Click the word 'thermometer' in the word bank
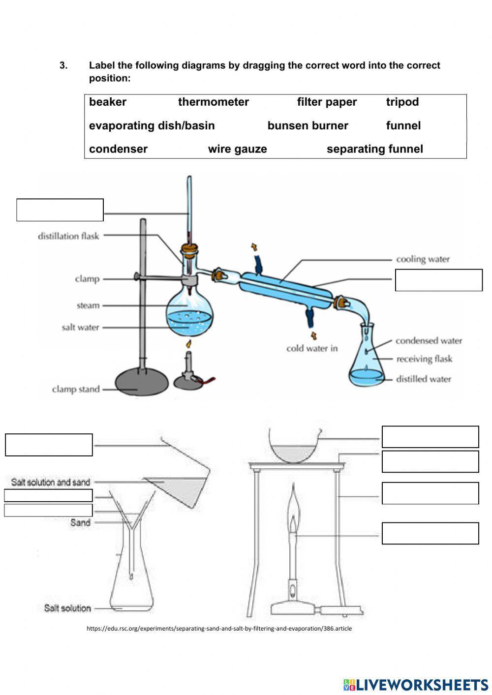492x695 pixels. coord(213,102)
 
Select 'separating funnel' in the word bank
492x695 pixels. coord(374,149)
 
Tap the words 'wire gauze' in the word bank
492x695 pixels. coord(237,149)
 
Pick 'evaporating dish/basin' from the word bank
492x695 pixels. coord(152,125)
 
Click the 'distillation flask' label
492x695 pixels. coord(68,236)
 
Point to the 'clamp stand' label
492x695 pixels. coord(76,389)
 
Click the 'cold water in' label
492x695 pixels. coord(312,348)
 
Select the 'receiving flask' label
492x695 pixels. coord(424,359)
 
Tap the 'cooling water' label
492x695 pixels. coord(423,259)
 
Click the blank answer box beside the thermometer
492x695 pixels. coord(60,210)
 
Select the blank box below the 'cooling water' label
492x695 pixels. coord(438,280)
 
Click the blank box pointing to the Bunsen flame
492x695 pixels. coord(430,533)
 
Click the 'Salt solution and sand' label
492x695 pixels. coord(51,482)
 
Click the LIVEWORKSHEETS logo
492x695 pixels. coord(415,684)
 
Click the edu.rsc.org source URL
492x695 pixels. coord(219,628)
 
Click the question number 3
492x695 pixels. coord(63,65)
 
